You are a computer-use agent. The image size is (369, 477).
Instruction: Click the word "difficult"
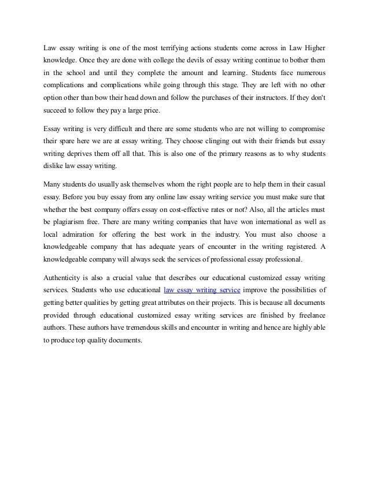[x=121, y=128]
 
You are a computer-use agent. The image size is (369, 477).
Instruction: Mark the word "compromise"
[x=302, y=128]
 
